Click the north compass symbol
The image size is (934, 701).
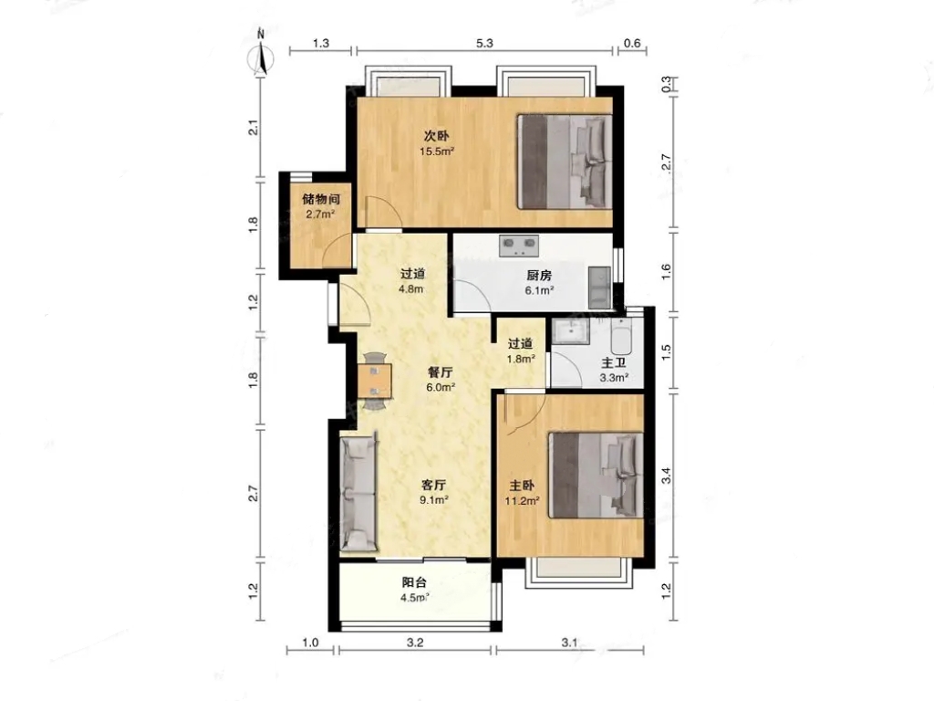[x=260, y=54]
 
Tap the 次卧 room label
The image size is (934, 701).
[x=437, y=136]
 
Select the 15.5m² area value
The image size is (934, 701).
[x=437, y=152]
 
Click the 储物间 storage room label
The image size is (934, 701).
[x=320, y=199]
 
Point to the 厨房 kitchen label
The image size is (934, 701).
[x=539, y=276]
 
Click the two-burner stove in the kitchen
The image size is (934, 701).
[x=519, y=245]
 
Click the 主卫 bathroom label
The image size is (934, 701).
[x=614, y=363]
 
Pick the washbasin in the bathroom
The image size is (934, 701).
[x=571, y=330]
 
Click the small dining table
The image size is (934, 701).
[x=375, y=381]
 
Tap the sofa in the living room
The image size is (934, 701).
[x=358, y=492]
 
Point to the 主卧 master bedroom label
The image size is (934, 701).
[x=522, y=486]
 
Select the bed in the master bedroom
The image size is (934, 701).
[x=596, y=475]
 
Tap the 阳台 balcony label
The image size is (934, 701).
[x=414, y=582]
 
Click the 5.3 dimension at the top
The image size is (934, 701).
[x=485, y=43]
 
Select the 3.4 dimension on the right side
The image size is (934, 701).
[x=667, y=476]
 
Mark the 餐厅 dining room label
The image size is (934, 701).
[x=441, y=372]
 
